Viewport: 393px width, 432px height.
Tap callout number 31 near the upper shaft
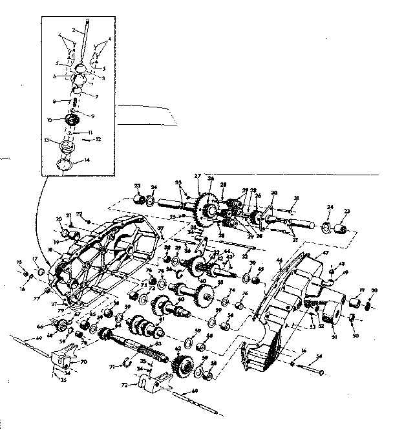pyautogui.click(x=295, y=197)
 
